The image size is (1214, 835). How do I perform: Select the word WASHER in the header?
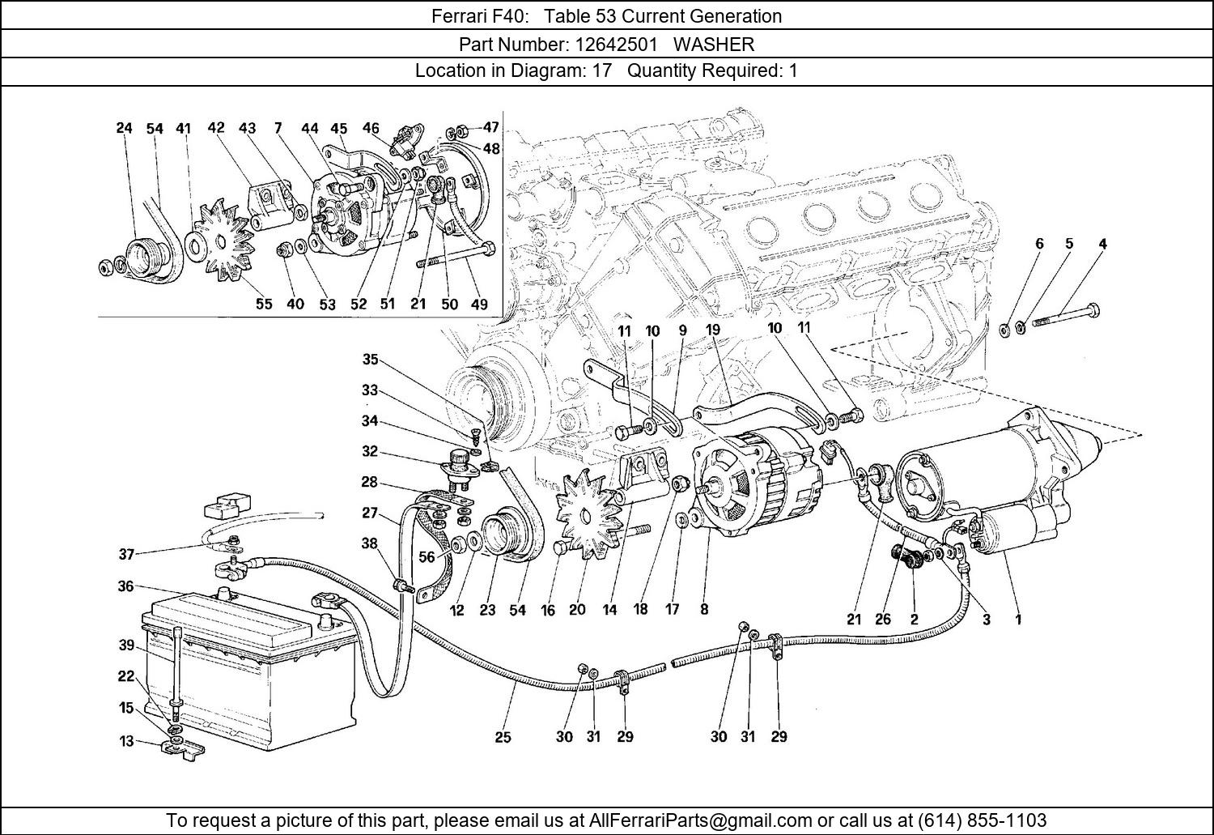pyautogui.click(x=714, y=44)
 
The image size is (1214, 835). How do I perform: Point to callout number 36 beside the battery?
pyautogui.click(x=125, y=586)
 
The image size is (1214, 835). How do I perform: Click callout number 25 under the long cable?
pyautogui.click(x=503, y=737)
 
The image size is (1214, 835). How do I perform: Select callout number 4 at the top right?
pyautogui.click(x=1102, y=243)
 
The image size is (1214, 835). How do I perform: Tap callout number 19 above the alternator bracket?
pyautogui.click(x=712, y=330)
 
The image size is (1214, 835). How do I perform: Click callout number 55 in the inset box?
pyautogui.click(x=264, y=304)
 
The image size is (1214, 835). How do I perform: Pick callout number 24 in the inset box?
pyautogui.click(x=124, y=128)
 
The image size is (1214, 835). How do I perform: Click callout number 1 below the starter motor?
pyautogui.click(x=1018, y=620)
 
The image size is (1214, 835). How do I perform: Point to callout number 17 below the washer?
pyautogui.click(x=672, y=609)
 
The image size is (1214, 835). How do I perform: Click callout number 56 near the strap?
pyautogui.click(x=427, y=556)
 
